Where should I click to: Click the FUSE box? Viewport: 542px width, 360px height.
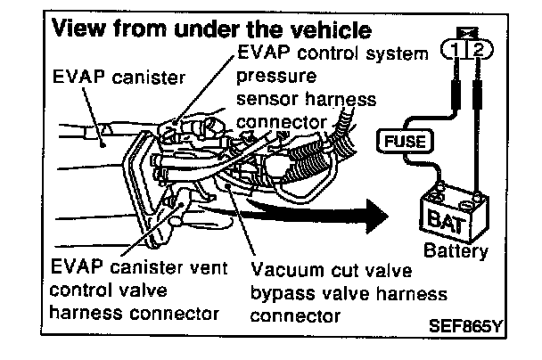pos(407,141)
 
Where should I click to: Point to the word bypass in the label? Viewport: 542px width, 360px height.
pos(280,293)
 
